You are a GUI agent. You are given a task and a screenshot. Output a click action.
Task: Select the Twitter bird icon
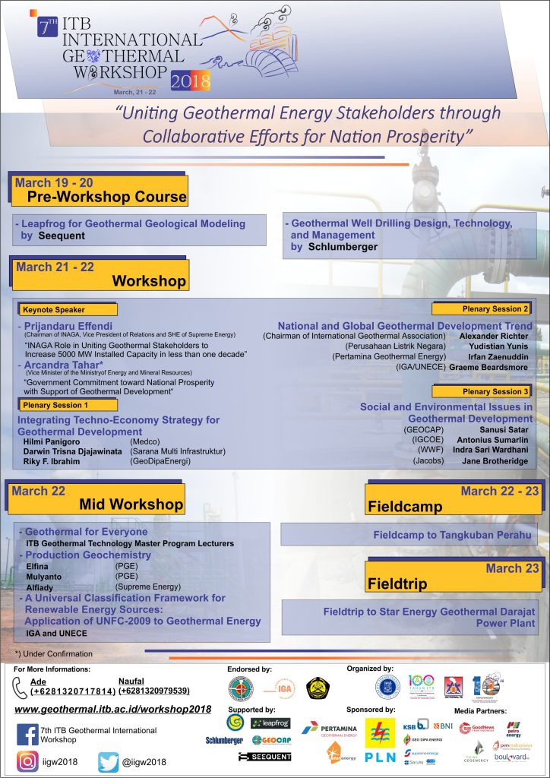click(109, 762)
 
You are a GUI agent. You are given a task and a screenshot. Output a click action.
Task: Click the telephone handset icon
click(21, 687)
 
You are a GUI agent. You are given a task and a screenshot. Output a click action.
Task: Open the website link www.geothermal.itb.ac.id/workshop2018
click(112, 709)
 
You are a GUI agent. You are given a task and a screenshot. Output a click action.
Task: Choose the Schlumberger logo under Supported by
click(224, 740)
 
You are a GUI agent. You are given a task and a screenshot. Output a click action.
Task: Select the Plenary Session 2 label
click(482, 308)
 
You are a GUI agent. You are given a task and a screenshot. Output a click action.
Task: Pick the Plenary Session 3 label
click(482, 391)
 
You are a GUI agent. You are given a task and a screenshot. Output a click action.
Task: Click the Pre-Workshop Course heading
click(106, 196)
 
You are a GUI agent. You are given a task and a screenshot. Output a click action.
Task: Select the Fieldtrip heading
click(397, 584)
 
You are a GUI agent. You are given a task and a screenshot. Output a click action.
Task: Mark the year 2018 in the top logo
click(191, 81)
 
